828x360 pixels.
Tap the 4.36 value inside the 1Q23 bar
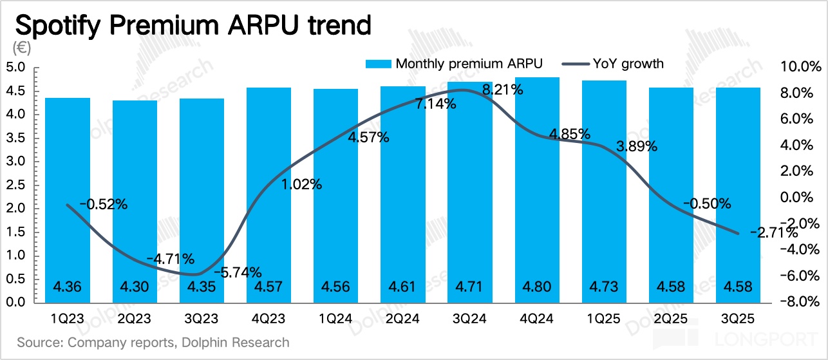pyautogui.click(x=68, y=287)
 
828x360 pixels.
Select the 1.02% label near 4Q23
pyautogui.click(x=301, y=184)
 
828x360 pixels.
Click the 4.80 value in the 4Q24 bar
pyautogui.click(x=537, y=287)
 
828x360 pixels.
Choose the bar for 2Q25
pyautogui.click(x=672, y=193)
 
